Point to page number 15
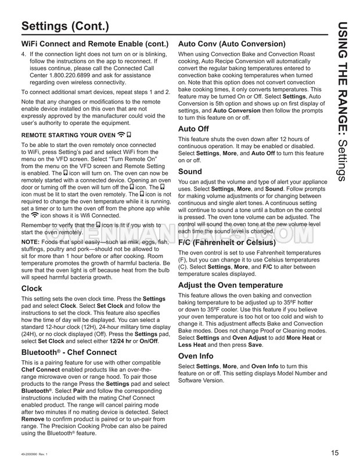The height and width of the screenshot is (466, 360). point(335,454)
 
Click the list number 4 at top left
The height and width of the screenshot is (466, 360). point(23,53)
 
